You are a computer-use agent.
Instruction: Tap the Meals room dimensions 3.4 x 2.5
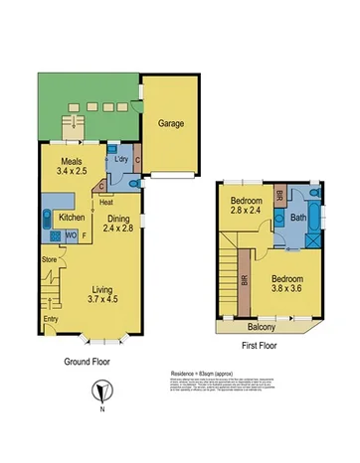coord(71,171)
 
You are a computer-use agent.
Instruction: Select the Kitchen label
coord(71,218)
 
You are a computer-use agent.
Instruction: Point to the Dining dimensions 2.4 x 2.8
coord(120,228)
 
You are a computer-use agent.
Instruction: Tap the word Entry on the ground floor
coord(51,321)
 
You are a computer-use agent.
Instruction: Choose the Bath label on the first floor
coord(298,218)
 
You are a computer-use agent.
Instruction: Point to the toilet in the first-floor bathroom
coord(313,193)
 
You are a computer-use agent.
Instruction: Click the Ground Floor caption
coord(85,362)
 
